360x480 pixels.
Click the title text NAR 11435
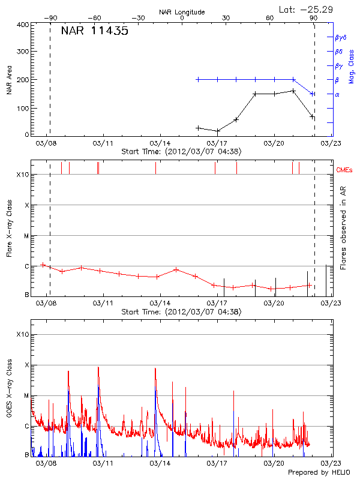coord(94,31)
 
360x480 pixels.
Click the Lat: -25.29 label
coord(307,9)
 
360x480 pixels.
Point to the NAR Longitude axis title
coord(182,12)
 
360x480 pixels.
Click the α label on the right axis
coord(337,94)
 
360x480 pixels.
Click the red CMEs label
coord(346,171)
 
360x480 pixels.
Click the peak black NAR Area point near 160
coord(293,91)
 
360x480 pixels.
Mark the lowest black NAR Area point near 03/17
coord(218,131)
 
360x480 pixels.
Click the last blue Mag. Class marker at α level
coord(312,94)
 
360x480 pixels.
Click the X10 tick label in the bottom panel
coord(22,334)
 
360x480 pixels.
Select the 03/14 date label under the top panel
coord(160,143)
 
